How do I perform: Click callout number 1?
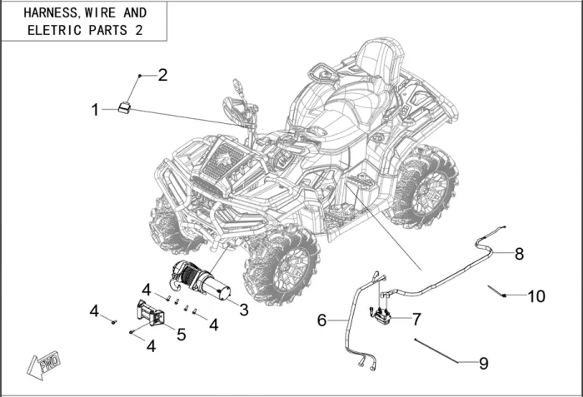click(x=96, y=109)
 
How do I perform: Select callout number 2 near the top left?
click(x=163, y=75)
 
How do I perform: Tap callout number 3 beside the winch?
click(x=244, y=310)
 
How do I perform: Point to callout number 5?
click(x=181, y=335)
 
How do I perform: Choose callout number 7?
click(x=417, y=319)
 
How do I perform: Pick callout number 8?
click(x=519, y=254)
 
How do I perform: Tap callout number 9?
click(x=483, y=363)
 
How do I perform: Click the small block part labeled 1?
click(x=125, y=106)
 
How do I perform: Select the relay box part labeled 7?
click(x=382, y=316)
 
